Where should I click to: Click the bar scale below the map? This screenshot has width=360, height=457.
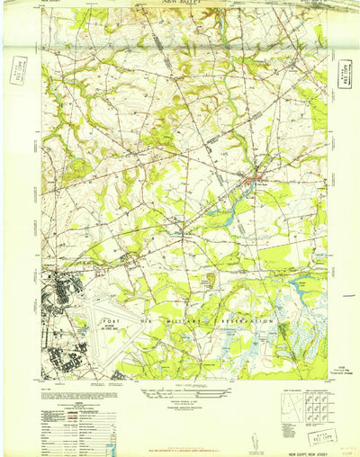click(179, 386)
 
